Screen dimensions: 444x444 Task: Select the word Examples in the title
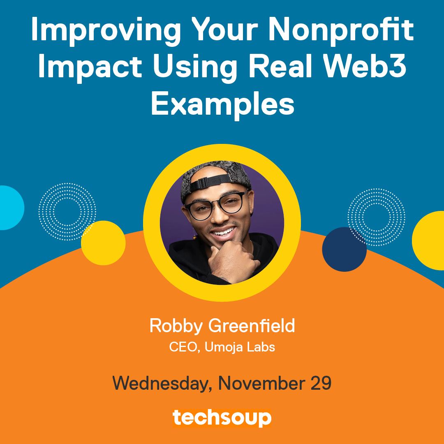pyautogui.click(x=222, y=105)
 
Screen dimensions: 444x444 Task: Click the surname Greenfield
pyautogui.click(x=252, y=326)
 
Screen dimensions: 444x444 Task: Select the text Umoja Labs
pyautogui.click(x=239, y=347)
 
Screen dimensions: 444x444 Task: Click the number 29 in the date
pyautogui.click(x=321, y=383)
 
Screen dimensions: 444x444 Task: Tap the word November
pyautogui.click(x=261, y=383)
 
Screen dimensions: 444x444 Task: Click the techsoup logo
pyautogui.click(x=222, y=418)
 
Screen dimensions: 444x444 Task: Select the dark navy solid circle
pyautogui.click(x=344, y=249)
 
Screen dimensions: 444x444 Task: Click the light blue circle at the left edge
pyautogui.click(x=9, y=208)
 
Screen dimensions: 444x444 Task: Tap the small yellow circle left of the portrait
pyautogui.click(x=103, y=243)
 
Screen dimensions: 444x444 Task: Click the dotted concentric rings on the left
pyautogui.click(x=67, y=211)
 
